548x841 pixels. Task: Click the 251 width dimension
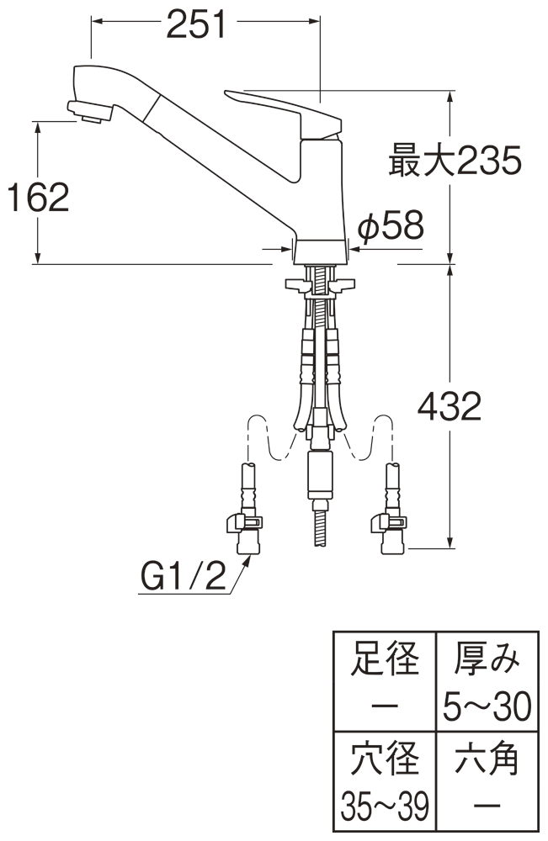pos(197,25)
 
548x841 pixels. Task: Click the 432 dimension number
pos(450,407)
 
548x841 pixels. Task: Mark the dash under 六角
pos(485,807)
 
